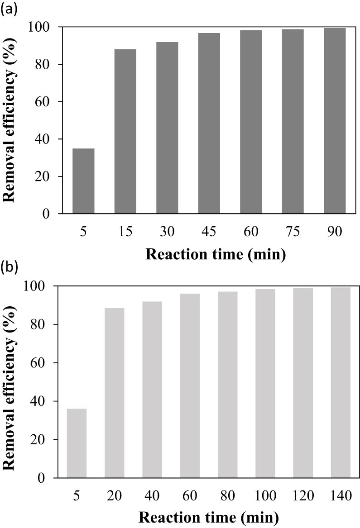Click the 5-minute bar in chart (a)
[x=83, y=181]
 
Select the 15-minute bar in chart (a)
[x=125, y=131]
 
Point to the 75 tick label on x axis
[x=293, y=232]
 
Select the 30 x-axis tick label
[x=167, y=232]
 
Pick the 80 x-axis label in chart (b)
[x=227, y=496]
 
